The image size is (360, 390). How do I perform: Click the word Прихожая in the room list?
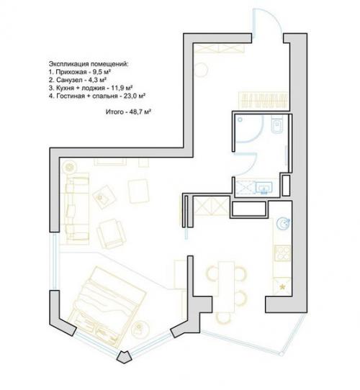70,72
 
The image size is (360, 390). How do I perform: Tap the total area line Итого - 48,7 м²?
129,112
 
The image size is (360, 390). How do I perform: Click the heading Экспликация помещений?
89,64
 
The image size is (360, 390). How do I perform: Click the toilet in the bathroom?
277,124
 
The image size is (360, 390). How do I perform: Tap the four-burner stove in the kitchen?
282,253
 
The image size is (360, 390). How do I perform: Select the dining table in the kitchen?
226,286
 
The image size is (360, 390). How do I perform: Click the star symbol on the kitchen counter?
282,287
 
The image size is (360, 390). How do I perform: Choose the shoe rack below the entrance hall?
263,101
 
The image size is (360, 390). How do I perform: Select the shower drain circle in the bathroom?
240,119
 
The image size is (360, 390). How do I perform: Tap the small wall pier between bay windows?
125,358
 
